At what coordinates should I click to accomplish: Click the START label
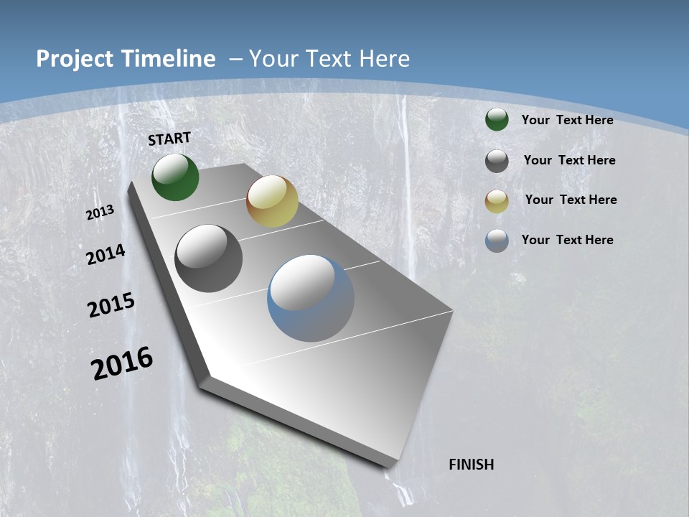click(x=169, y=139)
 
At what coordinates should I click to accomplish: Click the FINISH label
click(x=471, y=465)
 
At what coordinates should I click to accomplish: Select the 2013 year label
click(x=100, y=213)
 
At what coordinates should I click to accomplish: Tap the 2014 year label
click(x=106, y=255)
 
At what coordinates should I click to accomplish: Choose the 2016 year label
click(x=122, y=363)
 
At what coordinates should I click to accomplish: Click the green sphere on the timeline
click(x=175, y=177)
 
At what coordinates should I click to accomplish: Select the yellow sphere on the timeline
click(x=272, y=201)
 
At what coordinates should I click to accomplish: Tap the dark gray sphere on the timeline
click(x=208, y=258)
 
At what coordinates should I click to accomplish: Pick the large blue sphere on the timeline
click(x=311, y=298)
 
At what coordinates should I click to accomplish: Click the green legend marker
click(x=497, y=120)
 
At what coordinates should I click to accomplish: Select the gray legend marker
click(x=497, y=161)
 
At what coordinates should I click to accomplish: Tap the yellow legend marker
click(x=497, y=201)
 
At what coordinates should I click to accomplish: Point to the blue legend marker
click(x=497, y=241)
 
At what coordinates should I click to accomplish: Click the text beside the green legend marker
click(x=567, y=120)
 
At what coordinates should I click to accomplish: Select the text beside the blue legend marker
click(x=567, y=240)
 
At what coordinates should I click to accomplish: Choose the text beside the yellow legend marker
click(x=571, y=200)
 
